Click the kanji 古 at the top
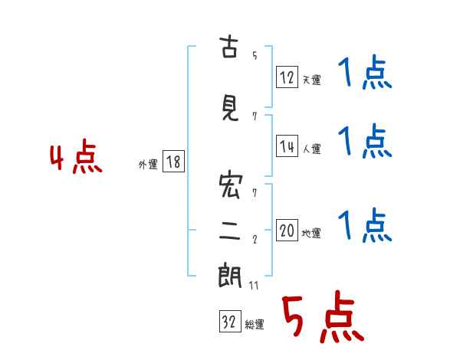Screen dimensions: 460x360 [228, 46]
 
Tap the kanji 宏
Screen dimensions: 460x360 [231, 186]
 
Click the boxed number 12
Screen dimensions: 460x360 [287, 77]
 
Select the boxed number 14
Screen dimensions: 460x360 [287, 146]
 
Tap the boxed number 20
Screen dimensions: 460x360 [287, 230]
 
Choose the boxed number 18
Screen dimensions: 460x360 [173, 161]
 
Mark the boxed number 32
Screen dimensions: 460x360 [230, 321]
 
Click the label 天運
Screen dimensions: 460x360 [311, 80]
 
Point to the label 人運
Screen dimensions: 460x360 [311, 149]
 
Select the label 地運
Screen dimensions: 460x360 [311, 233]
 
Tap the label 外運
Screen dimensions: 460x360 [148, 165]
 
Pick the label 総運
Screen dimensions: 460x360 [255, 324]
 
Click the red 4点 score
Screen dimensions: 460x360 [76, 156]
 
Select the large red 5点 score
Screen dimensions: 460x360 [323, 316]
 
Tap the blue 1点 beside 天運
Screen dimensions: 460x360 [365, 72]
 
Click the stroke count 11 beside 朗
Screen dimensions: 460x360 [254, 285]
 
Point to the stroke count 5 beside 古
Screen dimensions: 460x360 [255, 55]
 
